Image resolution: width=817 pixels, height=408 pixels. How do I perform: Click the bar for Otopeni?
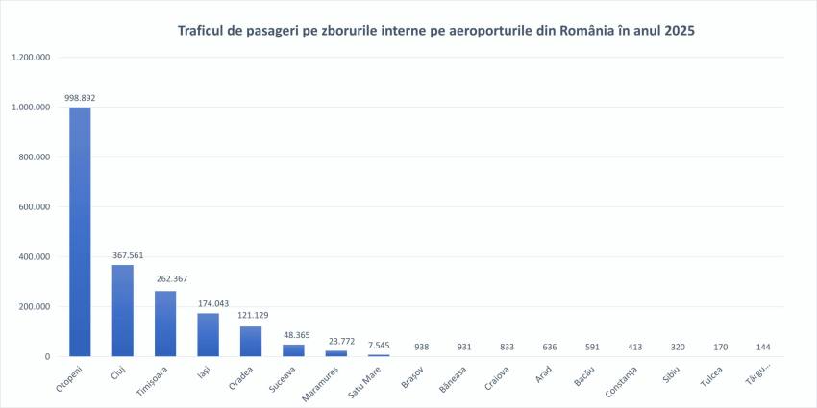click(80, 231)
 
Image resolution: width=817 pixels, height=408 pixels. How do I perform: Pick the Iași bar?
click(208, 334)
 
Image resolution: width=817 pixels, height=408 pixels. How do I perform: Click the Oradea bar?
click(250, 341)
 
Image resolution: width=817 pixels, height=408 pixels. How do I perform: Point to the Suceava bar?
click(292, 350)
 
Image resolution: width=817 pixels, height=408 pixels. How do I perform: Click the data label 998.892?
click(80, 98)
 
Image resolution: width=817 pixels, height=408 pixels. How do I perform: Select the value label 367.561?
click(122, 256)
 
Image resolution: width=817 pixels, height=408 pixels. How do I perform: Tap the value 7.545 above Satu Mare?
click(378, 346)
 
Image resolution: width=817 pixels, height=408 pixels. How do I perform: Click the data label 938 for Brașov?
click(420, 348)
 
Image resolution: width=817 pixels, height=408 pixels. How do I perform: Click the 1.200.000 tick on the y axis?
click(32, 58)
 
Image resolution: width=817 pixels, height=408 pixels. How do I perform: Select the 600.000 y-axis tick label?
click(36, 207)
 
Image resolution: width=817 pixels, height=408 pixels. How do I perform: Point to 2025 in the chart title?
click(674, 31)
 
